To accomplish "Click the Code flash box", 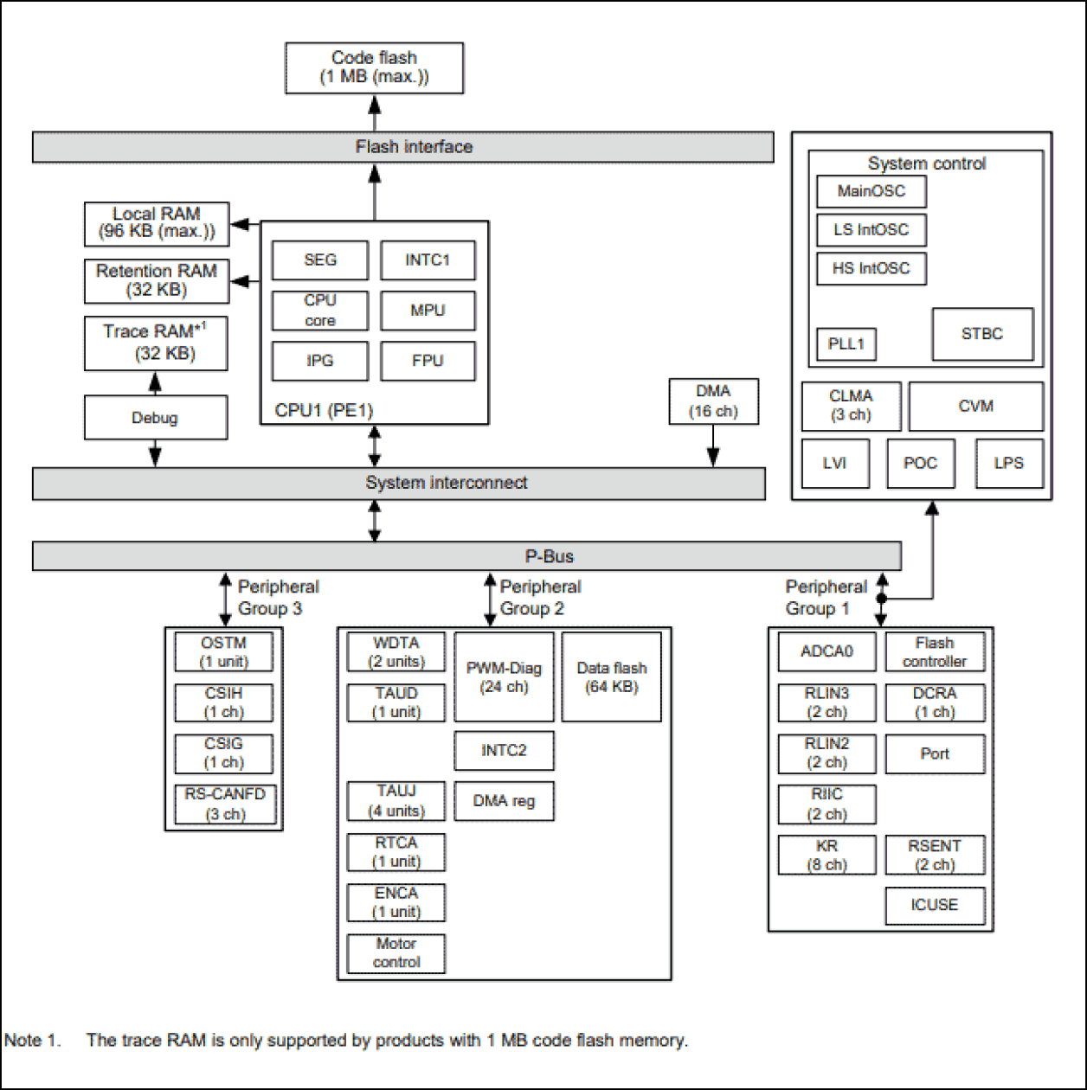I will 374,67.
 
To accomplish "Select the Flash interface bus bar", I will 402,147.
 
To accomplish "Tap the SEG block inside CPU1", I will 319,260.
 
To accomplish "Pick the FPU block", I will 428,361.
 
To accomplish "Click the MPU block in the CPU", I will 428,311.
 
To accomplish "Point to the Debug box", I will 155,418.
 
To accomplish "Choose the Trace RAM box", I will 156,343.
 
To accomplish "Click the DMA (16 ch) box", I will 713,401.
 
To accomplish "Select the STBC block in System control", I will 981,334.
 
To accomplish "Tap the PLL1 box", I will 846,344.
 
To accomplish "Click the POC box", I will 920,463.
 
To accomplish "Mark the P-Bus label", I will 551,556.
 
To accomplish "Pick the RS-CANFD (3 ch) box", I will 224,804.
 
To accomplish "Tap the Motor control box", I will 396,952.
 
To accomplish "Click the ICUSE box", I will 934,905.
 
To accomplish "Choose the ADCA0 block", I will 827,651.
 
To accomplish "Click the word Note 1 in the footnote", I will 32,1041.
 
